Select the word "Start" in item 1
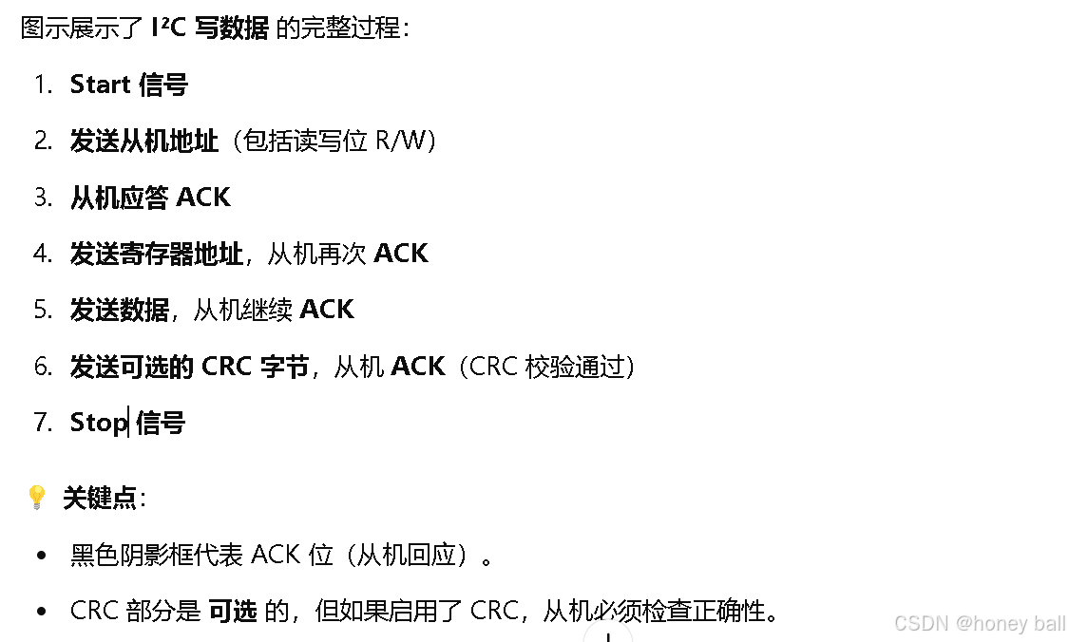coord(100,85)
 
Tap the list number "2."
coord(43,141)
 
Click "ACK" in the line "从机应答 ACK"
coord(203,197)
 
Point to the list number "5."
coord(43,310)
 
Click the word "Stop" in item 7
coord(98,422)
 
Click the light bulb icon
coord(36,497)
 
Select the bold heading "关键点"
coord(101,498)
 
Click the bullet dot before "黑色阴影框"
coord(41,555)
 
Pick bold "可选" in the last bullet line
coord(233,611)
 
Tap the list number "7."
coord(43,422)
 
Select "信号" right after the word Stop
coord(160,422)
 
